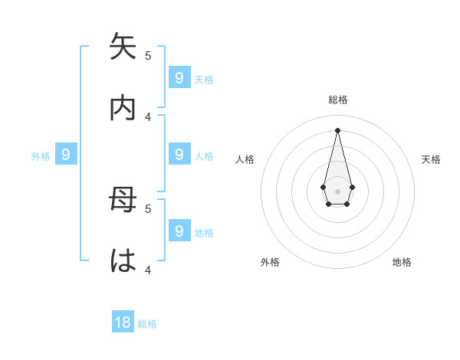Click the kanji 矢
123,47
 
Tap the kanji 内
123,107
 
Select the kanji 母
123,200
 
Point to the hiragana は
123,260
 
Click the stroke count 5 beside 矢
148,55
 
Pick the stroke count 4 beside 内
148,116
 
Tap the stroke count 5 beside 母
148,208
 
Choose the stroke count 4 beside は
148,270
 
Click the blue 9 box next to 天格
179,77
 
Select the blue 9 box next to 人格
179,155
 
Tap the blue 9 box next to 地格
179,231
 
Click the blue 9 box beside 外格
66,155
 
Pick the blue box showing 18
123,322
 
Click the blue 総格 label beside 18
147,324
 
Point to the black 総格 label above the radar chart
338,100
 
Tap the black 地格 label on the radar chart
402,262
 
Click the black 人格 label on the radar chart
245,159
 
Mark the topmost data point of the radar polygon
337,129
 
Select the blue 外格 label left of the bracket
41,156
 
